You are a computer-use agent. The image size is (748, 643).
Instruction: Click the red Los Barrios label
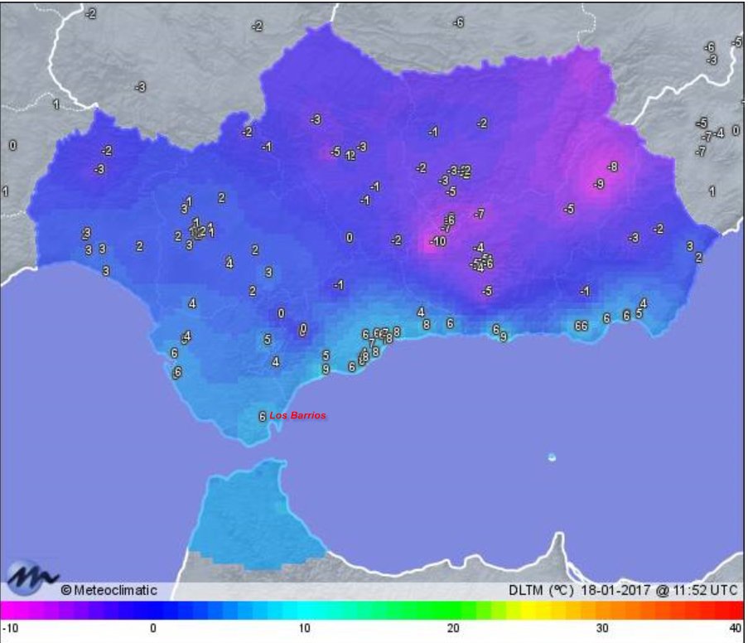297,415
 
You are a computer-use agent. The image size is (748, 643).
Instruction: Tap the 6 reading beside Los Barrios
262,417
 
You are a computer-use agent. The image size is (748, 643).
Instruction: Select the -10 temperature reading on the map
437,242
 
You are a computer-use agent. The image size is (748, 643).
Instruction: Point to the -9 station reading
598,184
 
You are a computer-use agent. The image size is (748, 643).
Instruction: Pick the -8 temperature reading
611,167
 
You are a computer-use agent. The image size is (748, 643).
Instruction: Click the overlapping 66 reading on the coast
581,326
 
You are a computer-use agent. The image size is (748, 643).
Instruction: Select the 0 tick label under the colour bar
153,628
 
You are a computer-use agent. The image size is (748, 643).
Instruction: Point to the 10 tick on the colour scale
304,628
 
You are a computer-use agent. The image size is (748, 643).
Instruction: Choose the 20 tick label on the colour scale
454,628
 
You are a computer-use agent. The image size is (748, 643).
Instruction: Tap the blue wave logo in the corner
31,578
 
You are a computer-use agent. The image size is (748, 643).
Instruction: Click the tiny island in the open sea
552,457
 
